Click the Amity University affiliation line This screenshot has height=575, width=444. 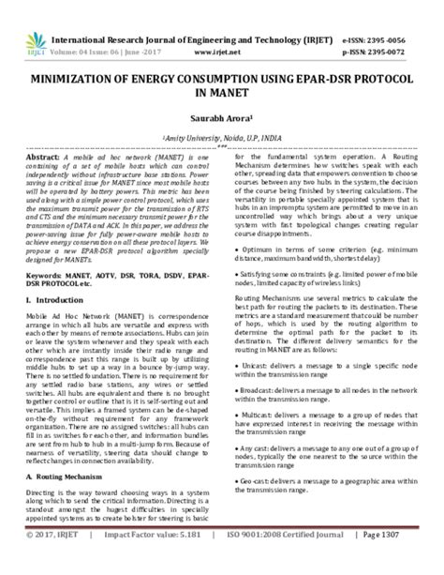(x=221, y=136)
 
